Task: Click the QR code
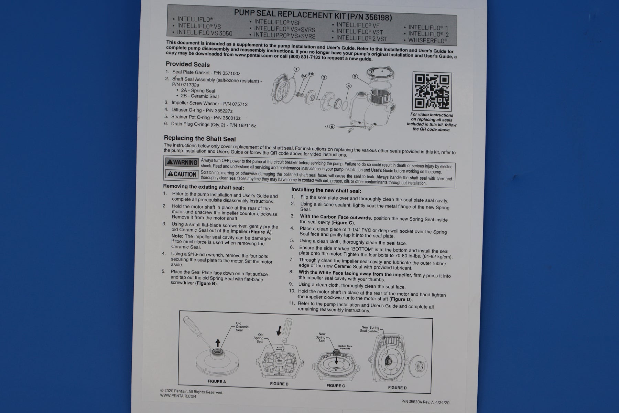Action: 432,91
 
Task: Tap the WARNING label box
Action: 182,162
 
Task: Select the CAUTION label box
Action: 182,174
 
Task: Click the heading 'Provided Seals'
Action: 187,64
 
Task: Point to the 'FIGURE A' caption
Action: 217,381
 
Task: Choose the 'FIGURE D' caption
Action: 397,388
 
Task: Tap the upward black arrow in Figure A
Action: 217,343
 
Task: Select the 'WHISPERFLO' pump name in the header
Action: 428,40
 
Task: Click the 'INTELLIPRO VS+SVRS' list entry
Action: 284,35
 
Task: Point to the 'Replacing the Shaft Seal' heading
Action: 200,139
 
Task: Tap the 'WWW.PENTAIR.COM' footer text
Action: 178,396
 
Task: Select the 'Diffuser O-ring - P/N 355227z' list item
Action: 202,110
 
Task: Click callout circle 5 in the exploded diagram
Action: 355,76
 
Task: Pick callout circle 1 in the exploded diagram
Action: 296,69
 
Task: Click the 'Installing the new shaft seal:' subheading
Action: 326,190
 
